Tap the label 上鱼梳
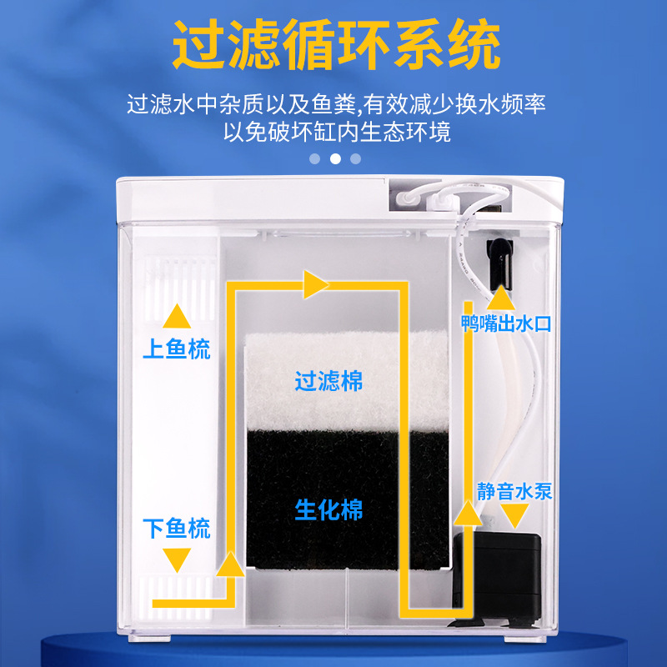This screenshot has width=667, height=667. tap(176, 349)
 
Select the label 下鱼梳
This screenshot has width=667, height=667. tap(176, 528)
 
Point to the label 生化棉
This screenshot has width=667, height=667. tap(328, 509)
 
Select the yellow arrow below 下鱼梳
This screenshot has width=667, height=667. tap(176, 559)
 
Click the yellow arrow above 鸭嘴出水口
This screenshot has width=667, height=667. tap(500, 297)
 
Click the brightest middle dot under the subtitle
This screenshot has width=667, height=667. tap(335, 158)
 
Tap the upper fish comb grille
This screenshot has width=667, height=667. tap(178, 278)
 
